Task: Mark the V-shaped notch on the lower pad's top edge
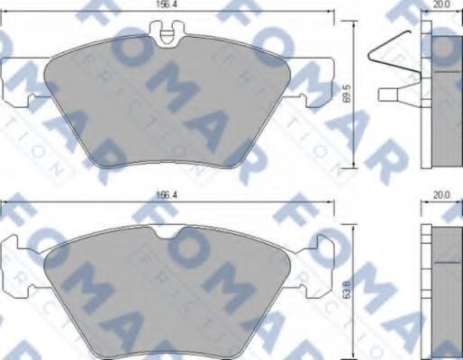pyautogui.click(x=168, y=235)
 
